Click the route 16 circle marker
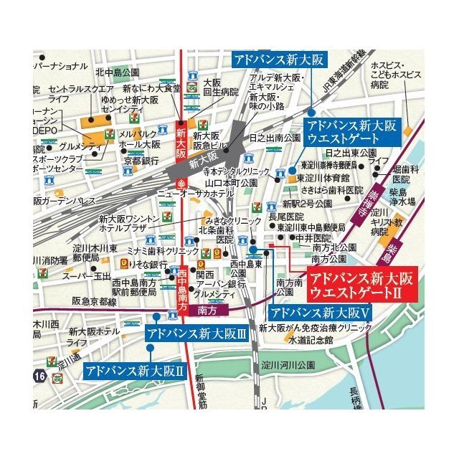pyautogui.click(x=40, y=374)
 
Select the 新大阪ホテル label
pyautogui.click(x=94, y=331)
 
